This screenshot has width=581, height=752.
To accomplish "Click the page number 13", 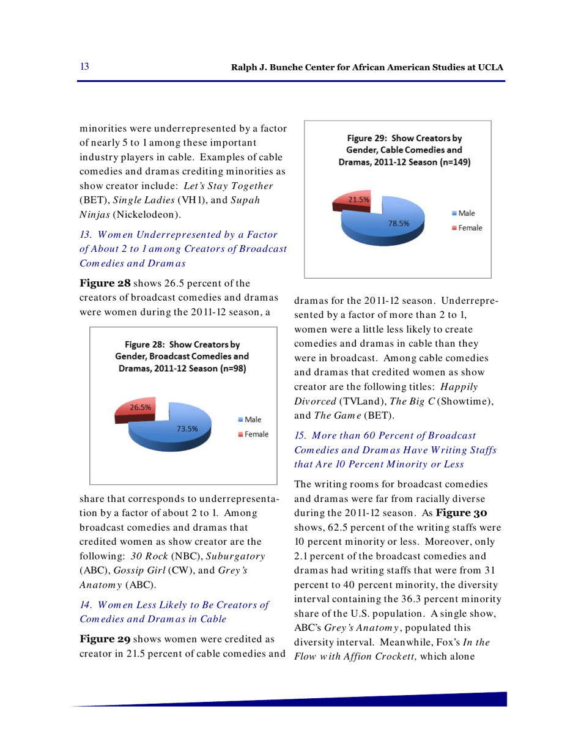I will [85, 67].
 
